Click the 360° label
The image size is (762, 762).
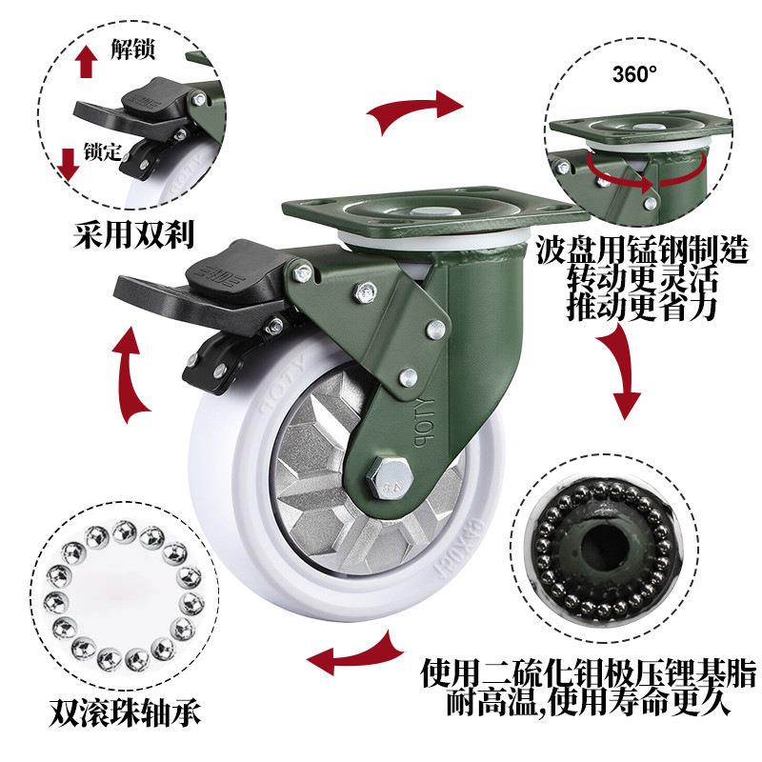point(634,74)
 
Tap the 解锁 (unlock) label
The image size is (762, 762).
point(132,50)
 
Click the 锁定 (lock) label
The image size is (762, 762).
point(103,151)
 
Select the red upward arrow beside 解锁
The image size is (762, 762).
point(86,61)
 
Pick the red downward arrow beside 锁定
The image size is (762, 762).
point(68,165)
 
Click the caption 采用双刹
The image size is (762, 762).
point(133,234)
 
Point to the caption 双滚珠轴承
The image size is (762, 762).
point(125,712)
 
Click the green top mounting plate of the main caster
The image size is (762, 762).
point(435,208)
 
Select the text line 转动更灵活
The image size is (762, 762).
point(642,278)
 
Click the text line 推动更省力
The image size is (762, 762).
point(642,307)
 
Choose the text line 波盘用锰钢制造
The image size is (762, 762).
point(642,251)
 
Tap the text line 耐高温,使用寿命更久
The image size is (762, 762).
point(588,701)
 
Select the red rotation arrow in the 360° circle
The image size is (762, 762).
point(647,176)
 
